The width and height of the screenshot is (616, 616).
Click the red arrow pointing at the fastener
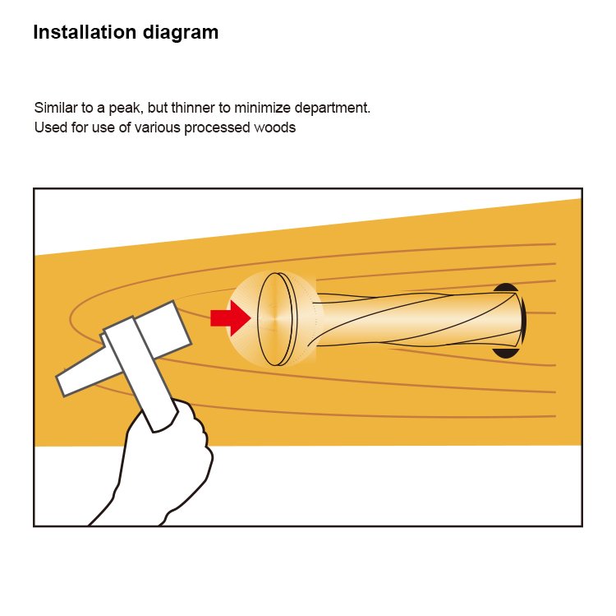(x=231, y=317)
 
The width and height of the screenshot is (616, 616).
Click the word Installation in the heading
(x=85, y=32)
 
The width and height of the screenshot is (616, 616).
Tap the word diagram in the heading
(x=181, y=33)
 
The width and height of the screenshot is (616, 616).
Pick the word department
(x=333, y=109)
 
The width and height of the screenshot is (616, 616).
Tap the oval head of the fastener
(x=275, y=319)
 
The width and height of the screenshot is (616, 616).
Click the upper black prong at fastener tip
(x=506, y=288)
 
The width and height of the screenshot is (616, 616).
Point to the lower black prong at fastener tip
(x=504, y=353)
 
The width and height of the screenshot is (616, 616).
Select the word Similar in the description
(x=56, y=108)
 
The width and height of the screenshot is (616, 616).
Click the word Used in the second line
(x=51, y=127)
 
